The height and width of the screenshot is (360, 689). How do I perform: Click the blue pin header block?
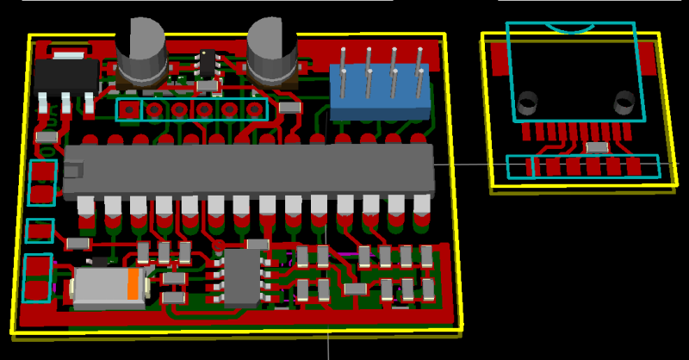coord(380,90)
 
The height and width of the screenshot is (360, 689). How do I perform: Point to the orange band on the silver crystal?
coord(133,284)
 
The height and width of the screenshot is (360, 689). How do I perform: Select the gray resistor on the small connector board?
coord(595,147)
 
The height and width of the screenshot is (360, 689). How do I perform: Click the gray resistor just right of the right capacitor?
coord(289,108)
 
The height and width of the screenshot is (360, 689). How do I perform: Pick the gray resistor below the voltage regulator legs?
coord(47,136)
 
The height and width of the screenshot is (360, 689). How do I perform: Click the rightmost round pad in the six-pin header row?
coord(254,110)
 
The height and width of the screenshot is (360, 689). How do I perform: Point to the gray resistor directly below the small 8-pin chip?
coord(207,86)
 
